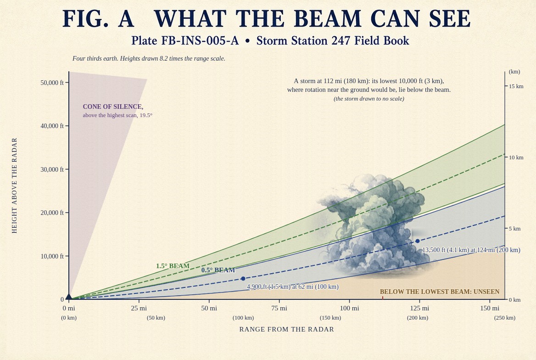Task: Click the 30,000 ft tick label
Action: coord(52,169)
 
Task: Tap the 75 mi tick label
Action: coord(279,308)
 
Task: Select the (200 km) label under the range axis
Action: coord(418,318)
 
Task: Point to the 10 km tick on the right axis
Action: coord(506,157)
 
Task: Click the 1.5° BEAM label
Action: coord(173,266)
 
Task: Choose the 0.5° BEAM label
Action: coord(218,270)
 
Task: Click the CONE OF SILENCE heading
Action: coord(113,107)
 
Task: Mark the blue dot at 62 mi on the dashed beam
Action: coord(243,279)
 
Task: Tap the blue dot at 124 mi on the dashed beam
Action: coord(418,241)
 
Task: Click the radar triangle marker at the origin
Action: coord(69,297)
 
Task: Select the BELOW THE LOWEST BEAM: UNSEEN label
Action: coord(440,292)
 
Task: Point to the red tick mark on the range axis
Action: coord(383,298)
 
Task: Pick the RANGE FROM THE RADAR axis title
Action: coord(286,329)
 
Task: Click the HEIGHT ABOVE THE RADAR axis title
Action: coord(14,186)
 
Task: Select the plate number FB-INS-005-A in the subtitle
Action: coord(200,41)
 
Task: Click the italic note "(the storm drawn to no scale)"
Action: coord(369,99)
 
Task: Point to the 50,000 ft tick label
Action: coord(52,83)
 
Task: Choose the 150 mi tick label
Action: coord(490,308)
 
